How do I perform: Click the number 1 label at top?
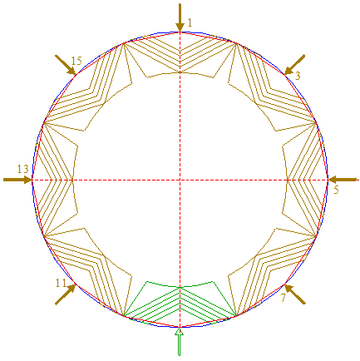[190, 22]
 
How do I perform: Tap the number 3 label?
[298, 76]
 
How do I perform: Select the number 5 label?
[336, 190]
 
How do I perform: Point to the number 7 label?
[283, 298]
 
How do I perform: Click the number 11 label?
[61, 283]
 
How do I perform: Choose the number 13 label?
[22, 169]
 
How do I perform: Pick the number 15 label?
[76, 61]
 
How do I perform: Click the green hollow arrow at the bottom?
[180, 341]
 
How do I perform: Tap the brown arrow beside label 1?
[180, 17]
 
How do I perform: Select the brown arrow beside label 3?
[294, 65]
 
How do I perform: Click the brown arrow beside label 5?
[343, 180]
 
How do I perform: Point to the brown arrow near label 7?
[295, 294]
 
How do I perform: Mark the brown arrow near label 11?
[66, 294]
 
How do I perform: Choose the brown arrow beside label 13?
[17, 180]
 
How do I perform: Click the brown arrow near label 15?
[65, 65]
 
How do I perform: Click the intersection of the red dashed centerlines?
[180, 180]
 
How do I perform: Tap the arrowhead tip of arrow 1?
[180, 32]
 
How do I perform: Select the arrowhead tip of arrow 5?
[328, 180]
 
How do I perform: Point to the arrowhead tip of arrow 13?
[32, 180]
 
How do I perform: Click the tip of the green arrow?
[180, 328]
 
